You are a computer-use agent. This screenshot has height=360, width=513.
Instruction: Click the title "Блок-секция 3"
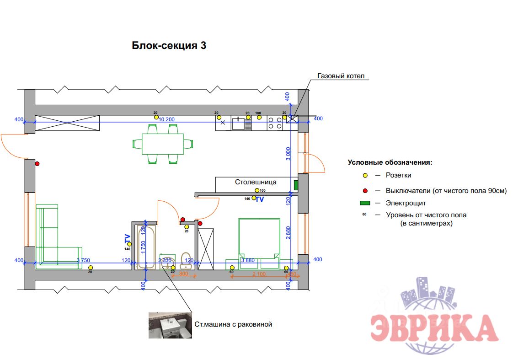(x=169, y=46)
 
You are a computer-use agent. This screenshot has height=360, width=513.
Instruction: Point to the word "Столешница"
(x=256, y=182)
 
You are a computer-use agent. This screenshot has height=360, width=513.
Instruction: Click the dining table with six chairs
(x=163, y=144)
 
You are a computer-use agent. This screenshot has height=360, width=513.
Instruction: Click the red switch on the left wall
(x=37, y=163)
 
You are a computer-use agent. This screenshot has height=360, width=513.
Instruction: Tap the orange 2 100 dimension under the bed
(x=259, y=274)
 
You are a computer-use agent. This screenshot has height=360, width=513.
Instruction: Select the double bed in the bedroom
(x=259, y=242)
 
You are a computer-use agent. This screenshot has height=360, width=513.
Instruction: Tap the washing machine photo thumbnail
(x=170, y=325)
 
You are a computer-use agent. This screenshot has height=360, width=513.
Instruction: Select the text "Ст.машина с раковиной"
(x=233, y=324)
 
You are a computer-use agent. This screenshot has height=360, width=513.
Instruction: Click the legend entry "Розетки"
(x=398, y=175)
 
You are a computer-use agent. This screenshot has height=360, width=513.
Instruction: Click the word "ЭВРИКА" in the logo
(x=433, y=328)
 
